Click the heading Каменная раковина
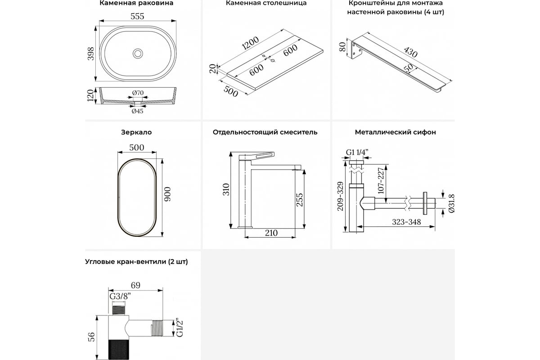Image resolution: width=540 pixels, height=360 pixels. click(x=136, y=3)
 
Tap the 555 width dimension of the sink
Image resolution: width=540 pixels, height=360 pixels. click(x=137, y=16)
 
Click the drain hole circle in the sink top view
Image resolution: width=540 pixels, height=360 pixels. click(x=138, y=53)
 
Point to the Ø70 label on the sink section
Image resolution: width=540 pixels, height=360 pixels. click(x=138, y=93)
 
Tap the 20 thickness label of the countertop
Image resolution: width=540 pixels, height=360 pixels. click(x=211, y=68)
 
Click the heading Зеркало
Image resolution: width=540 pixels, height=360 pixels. click(x=136, y=132)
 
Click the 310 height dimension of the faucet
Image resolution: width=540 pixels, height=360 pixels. click(x=226, y=189)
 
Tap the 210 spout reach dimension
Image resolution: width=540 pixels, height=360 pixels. click(x=271, y=233)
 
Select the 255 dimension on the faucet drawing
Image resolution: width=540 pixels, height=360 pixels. click(x=299, y=199)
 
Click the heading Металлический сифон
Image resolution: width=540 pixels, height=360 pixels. click(x=395, y=132)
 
